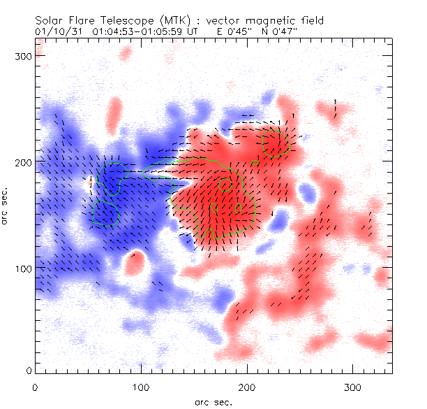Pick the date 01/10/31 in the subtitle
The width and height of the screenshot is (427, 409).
pos(54,31)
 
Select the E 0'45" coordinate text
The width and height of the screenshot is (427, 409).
pos(234,31)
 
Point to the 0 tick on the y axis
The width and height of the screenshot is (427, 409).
pos(28,371)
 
